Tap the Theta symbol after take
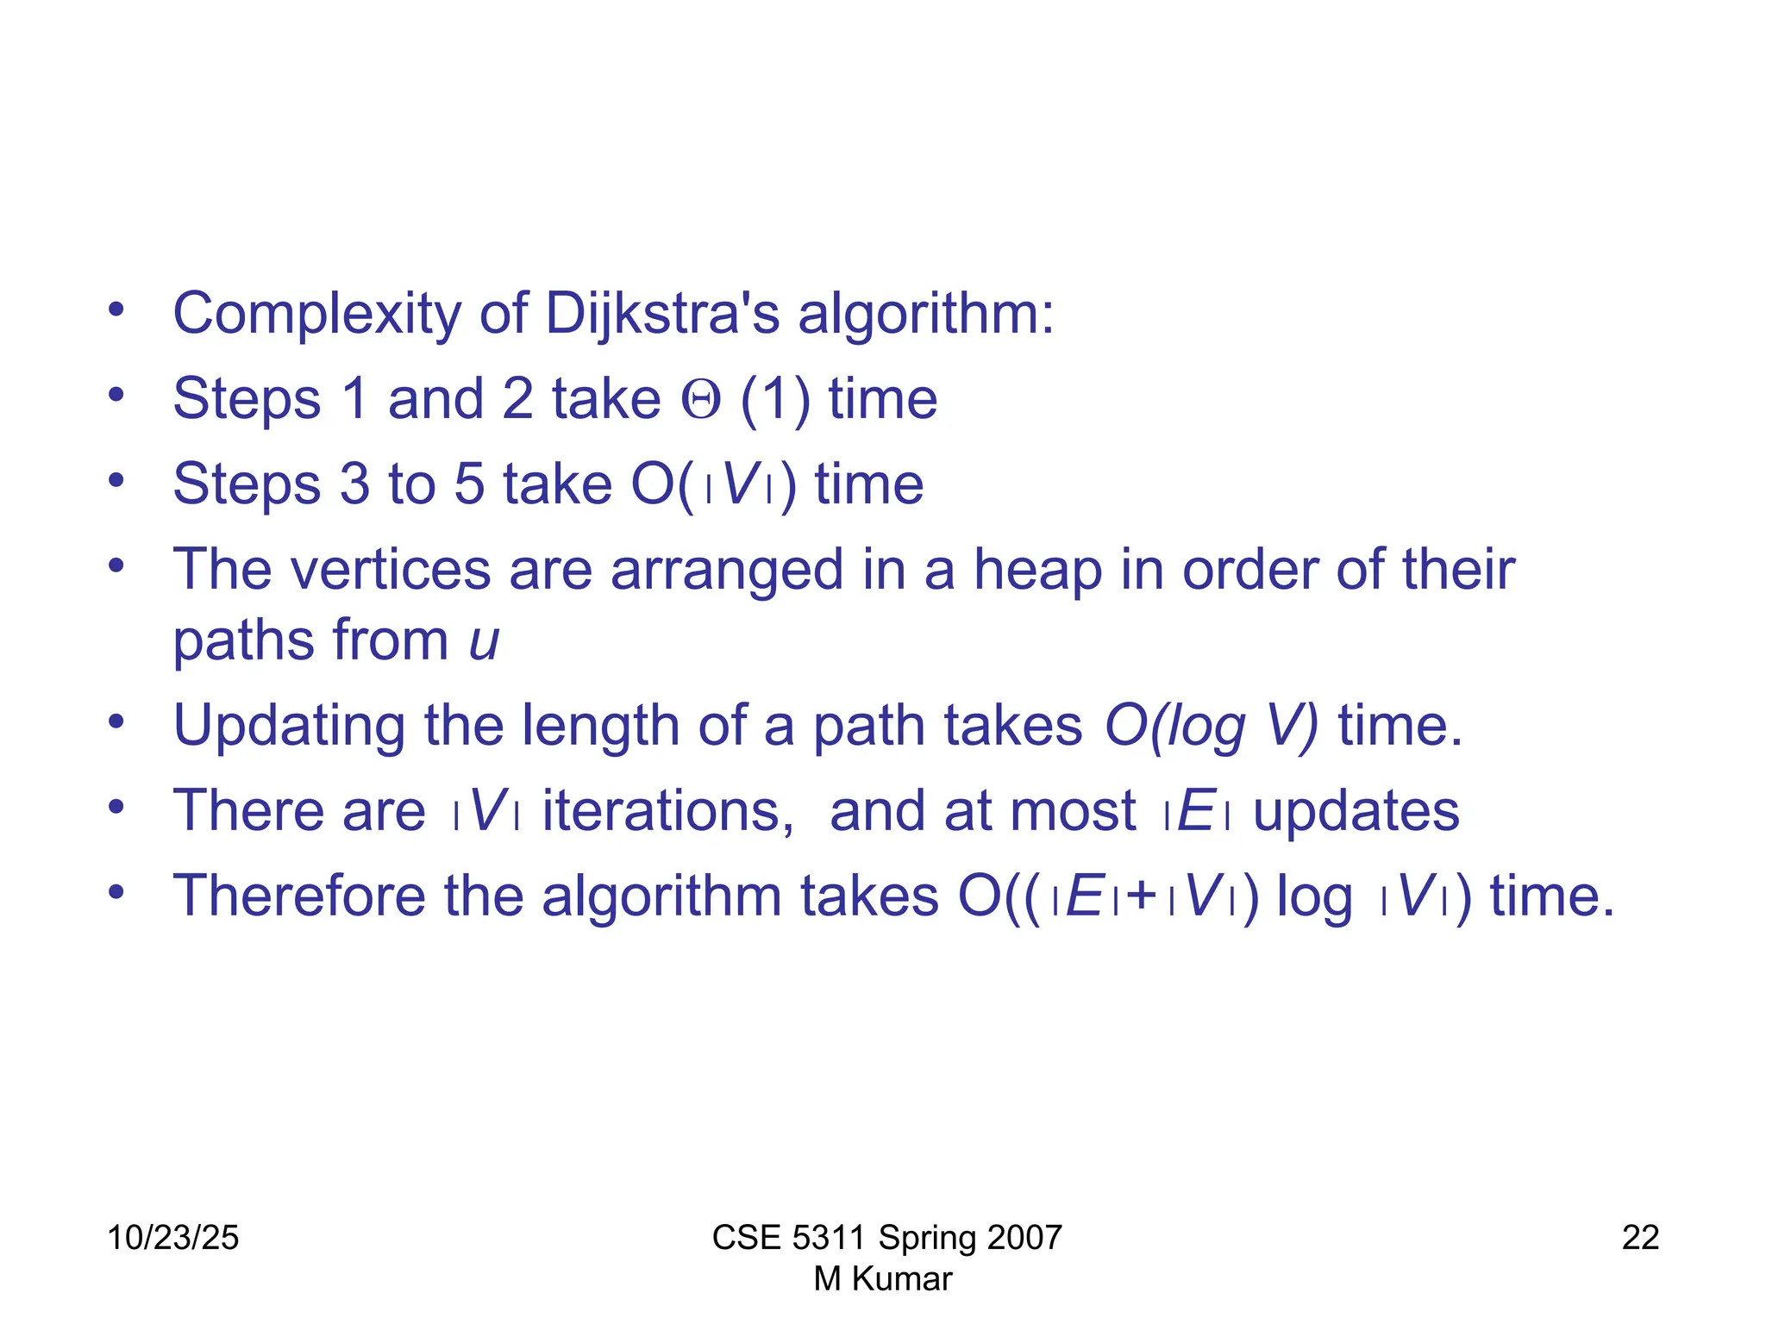coord(700,400)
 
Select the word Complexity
coord(317,314)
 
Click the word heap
coord(1037,571)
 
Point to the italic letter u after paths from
coord(484,641)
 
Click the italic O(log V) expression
coord(1211,726)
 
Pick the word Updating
coord(289,726)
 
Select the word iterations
coord(667,811)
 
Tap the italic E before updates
coord(1195,811)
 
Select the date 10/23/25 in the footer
coord(172,1238)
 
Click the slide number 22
coord(1640,1238)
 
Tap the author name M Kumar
coord(883,1279)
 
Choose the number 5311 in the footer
coord(829,1238)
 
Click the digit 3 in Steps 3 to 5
coord(354,484)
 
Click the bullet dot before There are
coord(116,808)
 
